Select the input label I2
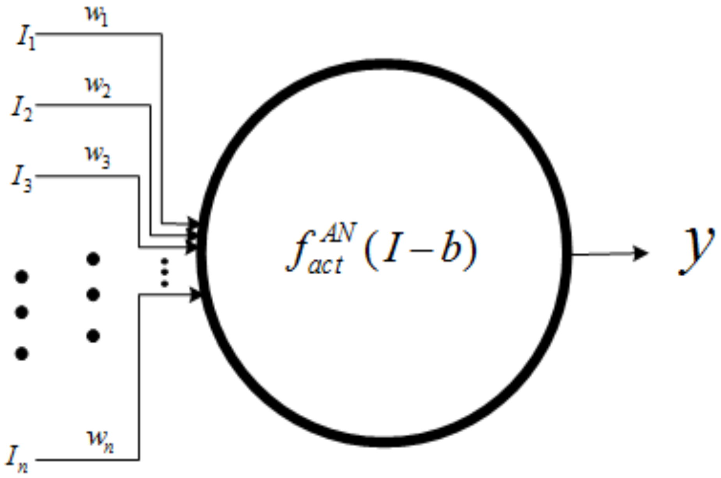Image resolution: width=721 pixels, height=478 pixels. pos(22,109)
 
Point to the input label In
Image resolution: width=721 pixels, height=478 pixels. pos(18,460)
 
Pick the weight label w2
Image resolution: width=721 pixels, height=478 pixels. pos(97,87)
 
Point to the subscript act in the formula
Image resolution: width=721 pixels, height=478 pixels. pos(326,265)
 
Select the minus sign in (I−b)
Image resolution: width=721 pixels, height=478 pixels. pos(423,250)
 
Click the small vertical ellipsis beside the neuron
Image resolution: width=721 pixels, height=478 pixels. pos(165,272)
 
